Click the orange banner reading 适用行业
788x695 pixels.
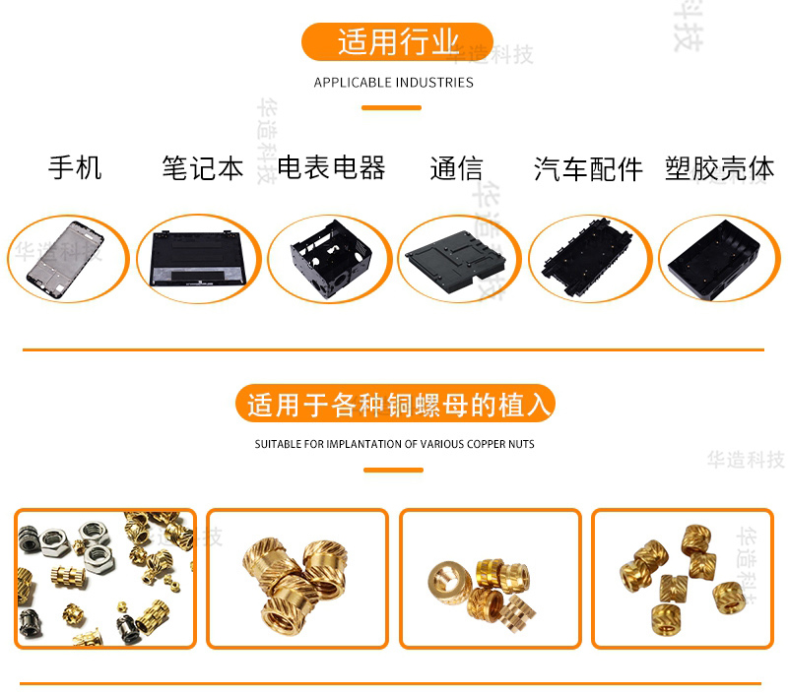(397, 41)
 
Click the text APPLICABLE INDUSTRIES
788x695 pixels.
(393, 83)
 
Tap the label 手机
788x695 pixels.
(75, 167)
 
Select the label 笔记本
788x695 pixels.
(203, 167)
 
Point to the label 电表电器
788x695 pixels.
(331, 167)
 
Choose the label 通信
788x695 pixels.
(456, 168)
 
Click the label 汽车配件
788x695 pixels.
(588, 168)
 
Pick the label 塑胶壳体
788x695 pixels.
(719, 168)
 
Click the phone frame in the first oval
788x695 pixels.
(65, 259)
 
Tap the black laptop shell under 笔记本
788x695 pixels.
(198, 259)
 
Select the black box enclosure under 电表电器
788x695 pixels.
(331, 259)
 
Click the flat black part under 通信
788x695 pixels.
(455, 261)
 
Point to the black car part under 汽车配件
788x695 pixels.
(586, 257)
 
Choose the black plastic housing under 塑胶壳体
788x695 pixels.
(714, 260)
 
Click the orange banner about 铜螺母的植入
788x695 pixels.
(395, 404)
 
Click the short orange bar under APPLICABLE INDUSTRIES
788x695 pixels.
(391, 107)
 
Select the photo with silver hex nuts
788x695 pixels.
(105, 579)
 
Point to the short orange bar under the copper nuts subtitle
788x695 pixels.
(393, 470)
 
